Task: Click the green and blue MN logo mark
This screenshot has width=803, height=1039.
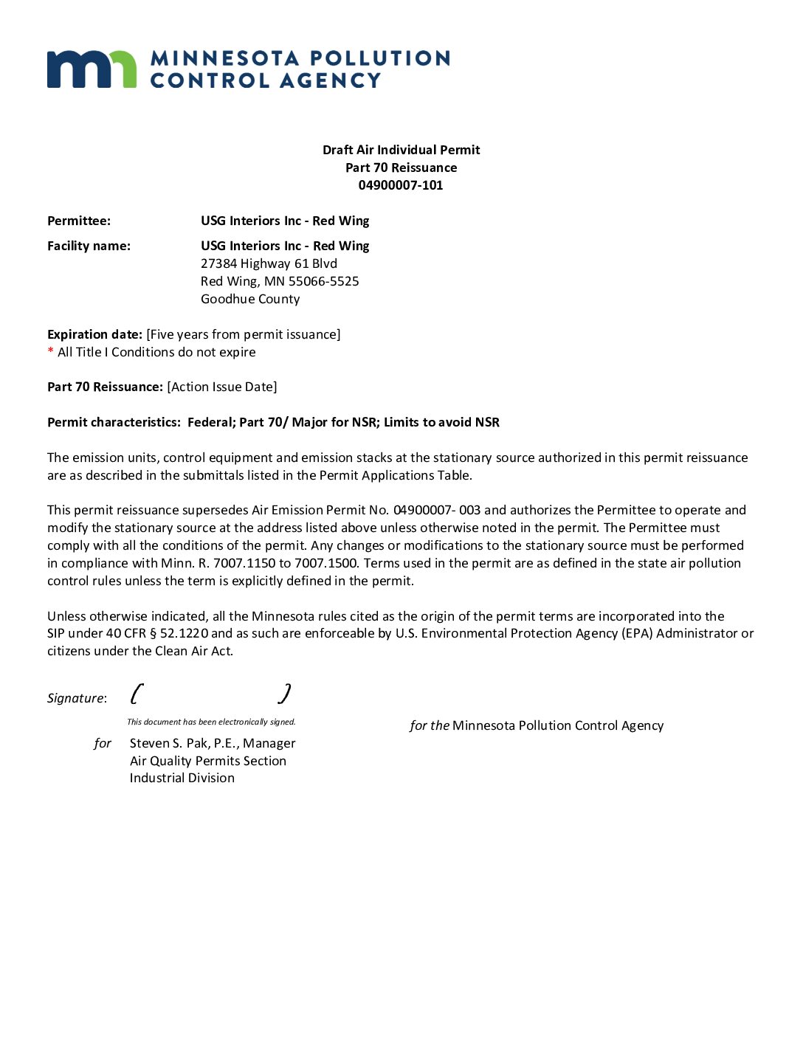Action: (x=92, y=69)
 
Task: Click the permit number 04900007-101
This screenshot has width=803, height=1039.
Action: (x=401, y=185)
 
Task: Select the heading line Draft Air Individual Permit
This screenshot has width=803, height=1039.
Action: (x=401, y=150)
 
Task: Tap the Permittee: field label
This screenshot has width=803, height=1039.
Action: (x=79, y=221)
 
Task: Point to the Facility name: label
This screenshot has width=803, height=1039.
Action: (x=89, y=246)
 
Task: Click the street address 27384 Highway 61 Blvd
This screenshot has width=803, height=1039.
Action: (x=269, y=263)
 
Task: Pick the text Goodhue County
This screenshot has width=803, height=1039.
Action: (x=250, y=299)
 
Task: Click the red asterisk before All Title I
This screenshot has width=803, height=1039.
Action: (x=51, y=351)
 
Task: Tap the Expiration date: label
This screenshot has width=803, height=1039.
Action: (x=94, y=334)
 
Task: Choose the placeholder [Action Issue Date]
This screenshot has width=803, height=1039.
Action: (x=222, y=387)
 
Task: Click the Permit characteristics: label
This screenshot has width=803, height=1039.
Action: (x=114, y=422)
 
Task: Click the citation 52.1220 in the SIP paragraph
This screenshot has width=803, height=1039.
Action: (x=185, y=633)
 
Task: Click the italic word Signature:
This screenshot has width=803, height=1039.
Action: (x=77, y=698)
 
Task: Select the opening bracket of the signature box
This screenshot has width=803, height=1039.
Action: (x=137, y=694)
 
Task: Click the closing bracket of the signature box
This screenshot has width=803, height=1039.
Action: (x=285, y=694)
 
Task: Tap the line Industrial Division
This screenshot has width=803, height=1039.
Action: (x=182, y=778)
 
